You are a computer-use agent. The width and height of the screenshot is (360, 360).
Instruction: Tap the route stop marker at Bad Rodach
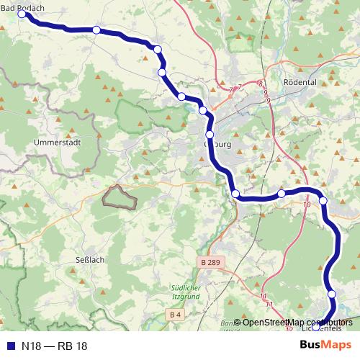tap(22, 14)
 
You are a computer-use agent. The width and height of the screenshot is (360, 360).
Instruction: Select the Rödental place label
tap(301, 82)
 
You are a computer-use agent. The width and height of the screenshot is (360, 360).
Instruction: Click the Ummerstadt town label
tap(56, 143)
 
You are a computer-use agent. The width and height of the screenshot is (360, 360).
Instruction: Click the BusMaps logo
tap(326, 346)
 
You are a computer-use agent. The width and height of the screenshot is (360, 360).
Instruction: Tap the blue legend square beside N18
tap(11, 346)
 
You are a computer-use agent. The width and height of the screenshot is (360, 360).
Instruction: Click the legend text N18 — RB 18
tap(54, 346)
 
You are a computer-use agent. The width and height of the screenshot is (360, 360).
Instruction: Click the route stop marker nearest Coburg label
tap(210, 135)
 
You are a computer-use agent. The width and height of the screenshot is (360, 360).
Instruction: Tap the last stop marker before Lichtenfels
tap(332, 294)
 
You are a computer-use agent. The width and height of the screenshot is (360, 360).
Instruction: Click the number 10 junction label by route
tap(307, 205)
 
